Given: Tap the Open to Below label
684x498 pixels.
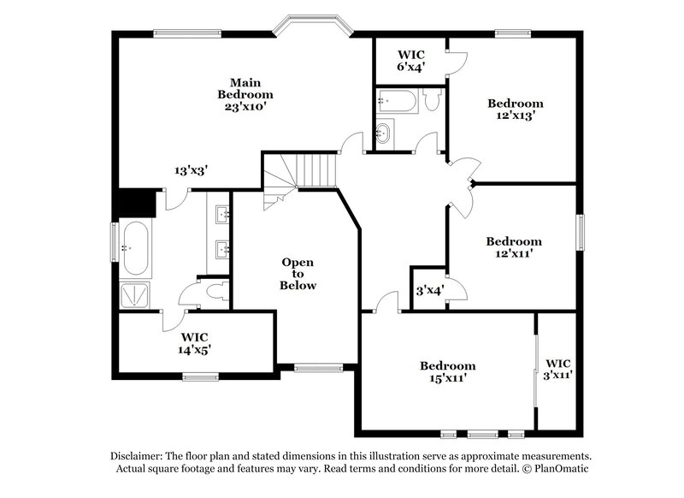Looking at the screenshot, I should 298,274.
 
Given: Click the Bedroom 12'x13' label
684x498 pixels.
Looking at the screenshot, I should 516,110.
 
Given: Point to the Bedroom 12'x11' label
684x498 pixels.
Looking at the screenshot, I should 514,247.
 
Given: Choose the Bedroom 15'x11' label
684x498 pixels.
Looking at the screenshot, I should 447,371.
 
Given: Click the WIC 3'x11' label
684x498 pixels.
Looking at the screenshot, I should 558,369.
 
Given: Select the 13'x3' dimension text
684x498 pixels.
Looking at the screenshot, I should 192,171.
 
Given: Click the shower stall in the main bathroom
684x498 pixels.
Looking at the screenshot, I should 135,295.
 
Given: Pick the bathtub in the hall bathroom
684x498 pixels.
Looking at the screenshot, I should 395,102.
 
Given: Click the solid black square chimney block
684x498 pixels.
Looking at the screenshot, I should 135,204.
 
